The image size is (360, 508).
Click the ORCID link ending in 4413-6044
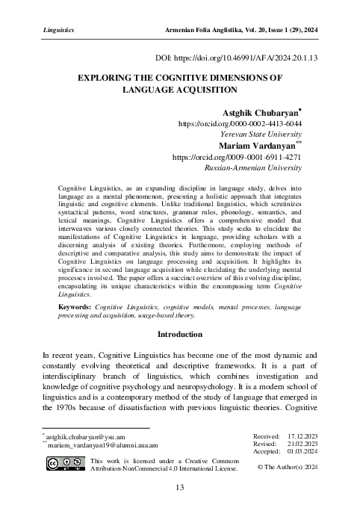(x=239, y=124)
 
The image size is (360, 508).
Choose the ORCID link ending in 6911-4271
(x=238, y=158)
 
